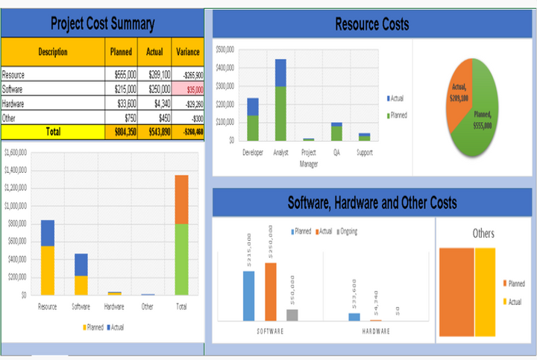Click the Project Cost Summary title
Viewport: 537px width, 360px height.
(x=102, y=23)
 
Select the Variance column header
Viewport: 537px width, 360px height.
(x=187, y=52)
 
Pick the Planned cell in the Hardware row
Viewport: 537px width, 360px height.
(x=123, y=104)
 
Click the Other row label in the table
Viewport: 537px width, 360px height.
(x=10, y=118)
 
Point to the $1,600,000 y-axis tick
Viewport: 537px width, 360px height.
(x=16, y=152)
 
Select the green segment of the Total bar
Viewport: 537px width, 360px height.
(x=181, y=259)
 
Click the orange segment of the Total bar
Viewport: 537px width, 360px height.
(x=181, y=199)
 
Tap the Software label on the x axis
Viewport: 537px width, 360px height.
(x=81, y=306)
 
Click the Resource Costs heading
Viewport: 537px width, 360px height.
(x=371, y=25)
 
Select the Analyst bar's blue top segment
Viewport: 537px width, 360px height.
(x=280, y=73)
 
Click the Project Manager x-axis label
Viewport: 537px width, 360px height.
(x=308, y=157)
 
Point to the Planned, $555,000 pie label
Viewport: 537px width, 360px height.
(x=482, y=120)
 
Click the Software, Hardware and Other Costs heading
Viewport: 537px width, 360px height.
(x=371, y=202)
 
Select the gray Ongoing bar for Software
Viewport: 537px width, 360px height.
(x=292, y=315)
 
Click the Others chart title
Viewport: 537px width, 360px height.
(x=483, y=233)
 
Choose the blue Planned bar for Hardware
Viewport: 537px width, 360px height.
(x=354, y=317)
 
